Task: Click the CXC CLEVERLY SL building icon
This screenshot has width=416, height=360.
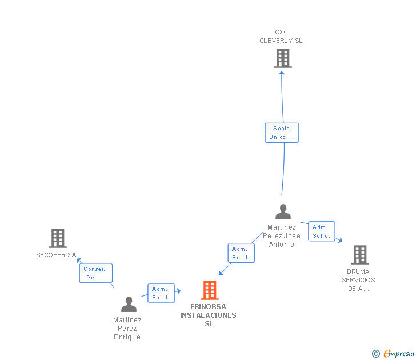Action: click(282, 58)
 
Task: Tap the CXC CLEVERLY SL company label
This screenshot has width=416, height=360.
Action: click(281, 37)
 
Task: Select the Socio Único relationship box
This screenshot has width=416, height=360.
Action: click(282, 133)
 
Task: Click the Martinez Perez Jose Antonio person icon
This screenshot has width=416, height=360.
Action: click(283, 212)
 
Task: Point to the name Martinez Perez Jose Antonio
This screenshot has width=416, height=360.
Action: click(282, 236)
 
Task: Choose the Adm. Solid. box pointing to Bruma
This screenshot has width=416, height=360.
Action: click(322, 231)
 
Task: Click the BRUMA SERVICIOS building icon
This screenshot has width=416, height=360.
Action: click(359, 255)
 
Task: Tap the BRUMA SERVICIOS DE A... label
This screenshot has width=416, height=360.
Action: click(358, 280)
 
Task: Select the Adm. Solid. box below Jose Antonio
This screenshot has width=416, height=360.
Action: click(241, 253)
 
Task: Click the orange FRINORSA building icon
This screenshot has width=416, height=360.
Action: click(210, 290)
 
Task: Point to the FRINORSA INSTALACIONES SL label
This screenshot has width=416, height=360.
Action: click(208, 315)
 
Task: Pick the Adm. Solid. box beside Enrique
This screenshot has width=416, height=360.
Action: click(161, 293)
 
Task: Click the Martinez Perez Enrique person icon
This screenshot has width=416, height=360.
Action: click(129, 305)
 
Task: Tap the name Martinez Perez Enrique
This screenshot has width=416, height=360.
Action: click(127, 329)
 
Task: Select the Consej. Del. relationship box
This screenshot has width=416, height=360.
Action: click(95, 273)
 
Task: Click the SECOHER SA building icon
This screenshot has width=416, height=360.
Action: click(58, 238)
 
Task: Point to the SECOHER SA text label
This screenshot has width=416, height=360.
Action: click(56, 255)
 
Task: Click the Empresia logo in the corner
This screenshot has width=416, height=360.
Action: click(399, 354)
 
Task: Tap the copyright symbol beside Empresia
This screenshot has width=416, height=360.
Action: click(375, 354)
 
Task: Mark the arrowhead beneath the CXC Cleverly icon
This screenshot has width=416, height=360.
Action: click(282, 73)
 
